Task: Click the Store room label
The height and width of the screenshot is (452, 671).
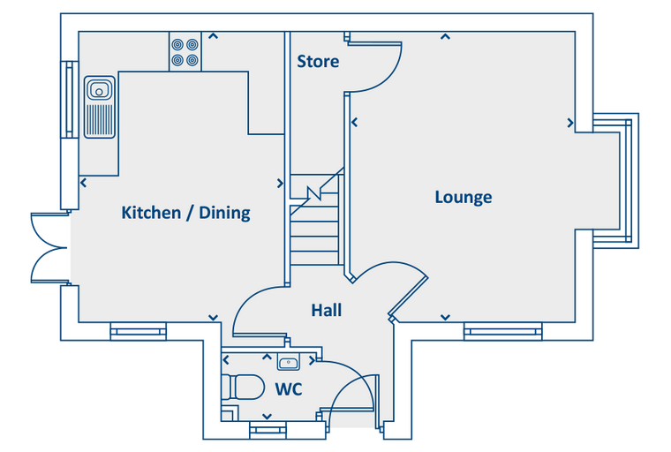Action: pyautogui.click(x=318, y=61)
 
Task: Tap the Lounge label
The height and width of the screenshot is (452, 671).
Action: pyautogui.click(x=464, y=198)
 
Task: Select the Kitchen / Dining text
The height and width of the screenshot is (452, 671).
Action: pyautogui.click(x=185, y=213)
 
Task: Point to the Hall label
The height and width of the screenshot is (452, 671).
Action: pyautogui.click(x=327, y=311)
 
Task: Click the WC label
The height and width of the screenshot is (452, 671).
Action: pyautogui.click(x=289, y=389)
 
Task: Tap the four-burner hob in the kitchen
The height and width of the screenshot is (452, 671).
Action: pyautogui.click(x=185, y=51)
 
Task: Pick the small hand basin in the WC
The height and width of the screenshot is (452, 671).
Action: pyautogui.click(x=289, y=362)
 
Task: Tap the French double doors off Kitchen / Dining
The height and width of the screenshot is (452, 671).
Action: pyautogui.click(x=49, y=248)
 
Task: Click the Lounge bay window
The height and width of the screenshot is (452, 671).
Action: pyautogui.click(x=615, y=181)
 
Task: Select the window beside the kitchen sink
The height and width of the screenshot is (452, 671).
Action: pyautogui.click(x=70, y=99)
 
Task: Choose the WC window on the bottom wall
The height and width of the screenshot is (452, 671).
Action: pyautogui.click(x=268, y=430)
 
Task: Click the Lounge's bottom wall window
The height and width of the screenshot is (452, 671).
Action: pyautogui.click(x=503, y=331)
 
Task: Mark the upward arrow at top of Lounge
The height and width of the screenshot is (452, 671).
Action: pyautogui.click(x=446, y=37)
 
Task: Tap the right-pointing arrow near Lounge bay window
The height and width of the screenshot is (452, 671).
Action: pyautogui.click(x=570, y=124)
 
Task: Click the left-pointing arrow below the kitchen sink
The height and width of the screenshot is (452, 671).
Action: pyautogui.click(x=84, y=183)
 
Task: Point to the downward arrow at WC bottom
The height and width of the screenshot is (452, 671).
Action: pyautogui.click(x=267, y=417)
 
